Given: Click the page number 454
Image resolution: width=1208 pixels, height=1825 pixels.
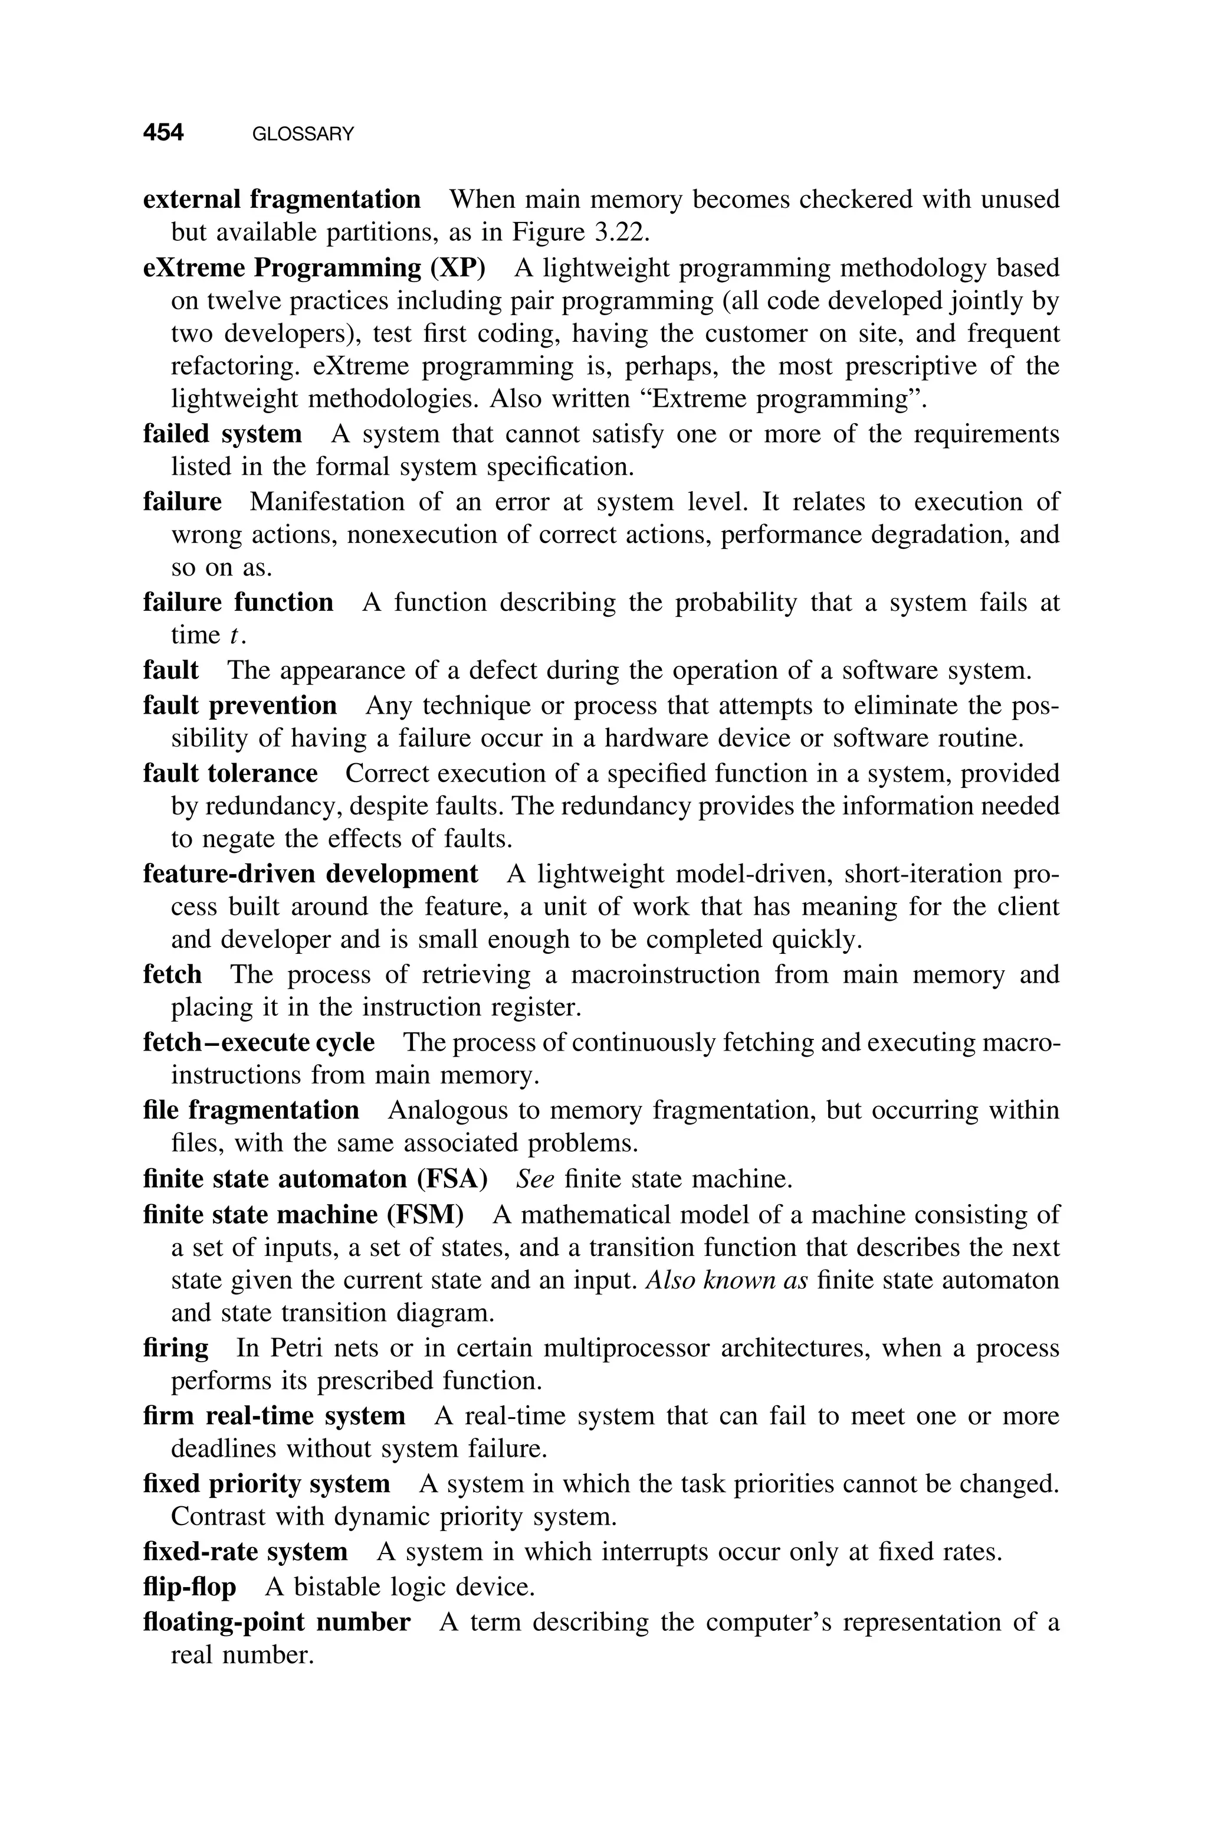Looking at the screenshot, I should pos(163,133).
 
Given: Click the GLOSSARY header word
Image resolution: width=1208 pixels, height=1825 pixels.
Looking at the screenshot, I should pos(303,134).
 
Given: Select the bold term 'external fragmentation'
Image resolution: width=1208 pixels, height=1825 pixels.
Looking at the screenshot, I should pos(282,199).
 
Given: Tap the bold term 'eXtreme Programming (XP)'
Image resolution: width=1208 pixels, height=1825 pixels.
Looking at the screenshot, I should pos(314,267).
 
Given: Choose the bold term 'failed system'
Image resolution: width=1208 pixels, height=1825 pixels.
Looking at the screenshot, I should pos(222,434).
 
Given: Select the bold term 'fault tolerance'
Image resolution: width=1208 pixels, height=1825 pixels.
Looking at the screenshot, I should pos(231,773).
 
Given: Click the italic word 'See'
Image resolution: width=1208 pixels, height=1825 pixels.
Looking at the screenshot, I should pos(536,1179).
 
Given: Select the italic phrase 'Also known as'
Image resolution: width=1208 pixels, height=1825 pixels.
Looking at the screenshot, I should pos(727,1280).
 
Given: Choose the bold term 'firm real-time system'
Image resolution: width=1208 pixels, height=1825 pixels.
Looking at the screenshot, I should pos(274,1416).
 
